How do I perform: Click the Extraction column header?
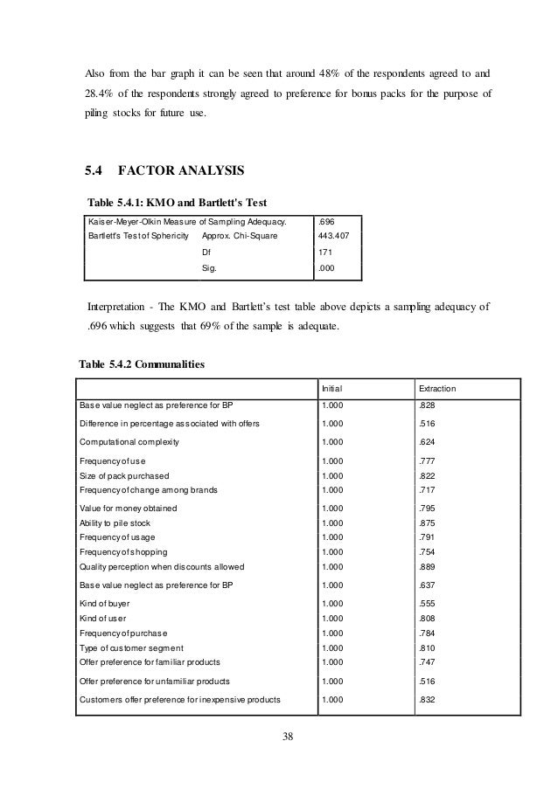pos(441,388)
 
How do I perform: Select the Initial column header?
pos(332,388)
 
